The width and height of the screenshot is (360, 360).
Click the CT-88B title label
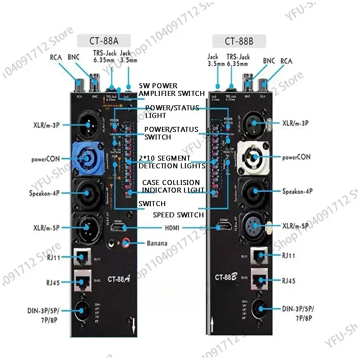click(x=239, y=41)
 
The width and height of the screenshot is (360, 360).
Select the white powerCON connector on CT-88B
click(x=255, y=158)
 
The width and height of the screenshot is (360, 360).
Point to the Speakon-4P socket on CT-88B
click(x=255, y=191)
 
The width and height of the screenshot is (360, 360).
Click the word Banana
click(x=157, y=243)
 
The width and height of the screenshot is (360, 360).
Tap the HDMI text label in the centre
click(x=172, y=228)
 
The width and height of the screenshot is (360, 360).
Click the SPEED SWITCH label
click(x=178, y=215)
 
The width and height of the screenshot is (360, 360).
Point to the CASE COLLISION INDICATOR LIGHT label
click(x=171, y=186)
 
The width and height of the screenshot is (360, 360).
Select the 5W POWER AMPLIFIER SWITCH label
click(x=165, y=89)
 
